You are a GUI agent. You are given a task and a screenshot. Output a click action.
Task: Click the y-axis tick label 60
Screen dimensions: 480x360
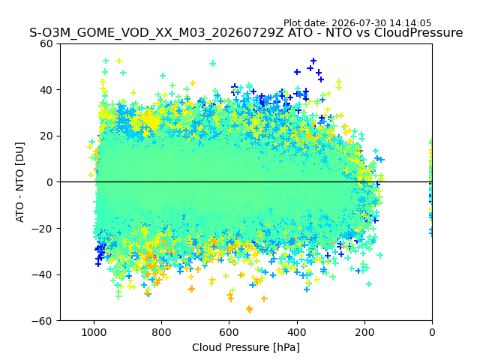pyautogui.click(x=46, y=43)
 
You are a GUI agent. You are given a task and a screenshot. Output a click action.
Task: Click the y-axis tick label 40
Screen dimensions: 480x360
pyautogui.click(x=46, y=90)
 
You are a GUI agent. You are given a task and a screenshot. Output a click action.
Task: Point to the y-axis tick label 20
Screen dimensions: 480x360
pyautogui.click(x=46, y=136)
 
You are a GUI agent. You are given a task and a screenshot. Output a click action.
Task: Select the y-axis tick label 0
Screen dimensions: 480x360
pyautogui.click(x=49, y=182)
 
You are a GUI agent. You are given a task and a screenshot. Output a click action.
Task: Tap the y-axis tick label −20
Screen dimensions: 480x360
pyautogui.click(x=43, y=229)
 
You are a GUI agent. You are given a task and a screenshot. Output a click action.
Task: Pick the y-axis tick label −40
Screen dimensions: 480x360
pyautogui.click(x=43, y=275)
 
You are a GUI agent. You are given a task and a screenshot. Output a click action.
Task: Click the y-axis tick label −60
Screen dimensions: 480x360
pyautogui.click(x=43, y=321)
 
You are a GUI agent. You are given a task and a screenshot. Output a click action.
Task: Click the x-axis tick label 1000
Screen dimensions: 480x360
pyautogui.click(x=94, y=332)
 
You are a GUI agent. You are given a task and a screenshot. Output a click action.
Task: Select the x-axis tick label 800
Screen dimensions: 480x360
pyautogui.click(x=162, y=332)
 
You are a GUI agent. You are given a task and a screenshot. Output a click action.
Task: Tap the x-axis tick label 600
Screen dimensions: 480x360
pyautogui.click(x=229, y=332)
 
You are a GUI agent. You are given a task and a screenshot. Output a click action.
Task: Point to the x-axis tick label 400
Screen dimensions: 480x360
pyautogui.click(x=297, y=332)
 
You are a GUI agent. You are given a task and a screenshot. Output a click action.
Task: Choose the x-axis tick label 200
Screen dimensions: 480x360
pyautogui.click(x=364, y=332)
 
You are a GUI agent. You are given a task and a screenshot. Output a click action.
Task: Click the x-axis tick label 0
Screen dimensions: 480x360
pyautogui.click(x=432, y=332)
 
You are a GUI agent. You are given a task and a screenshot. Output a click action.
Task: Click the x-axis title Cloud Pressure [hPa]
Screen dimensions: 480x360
pyautogui.click(x=246, y=348)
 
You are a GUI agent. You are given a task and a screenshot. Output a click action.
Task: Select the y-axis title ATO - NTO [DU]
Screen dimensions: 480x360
pyautogui.click(x=20, y=182)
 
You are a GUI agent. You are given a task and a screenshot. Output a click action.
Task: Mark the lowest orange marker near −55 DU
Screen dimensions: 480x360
pyautogui.click(x=250, y=309)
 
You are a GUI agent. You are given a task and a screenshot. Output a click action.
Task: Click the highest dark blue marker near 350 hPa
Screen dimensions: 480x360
pyautogui.click(x=313, y=61)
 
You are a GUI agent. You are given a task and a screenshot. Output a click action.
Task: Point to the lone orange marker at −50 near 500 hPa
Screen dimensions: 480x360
pyautogui.click(x=264, y=298)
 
